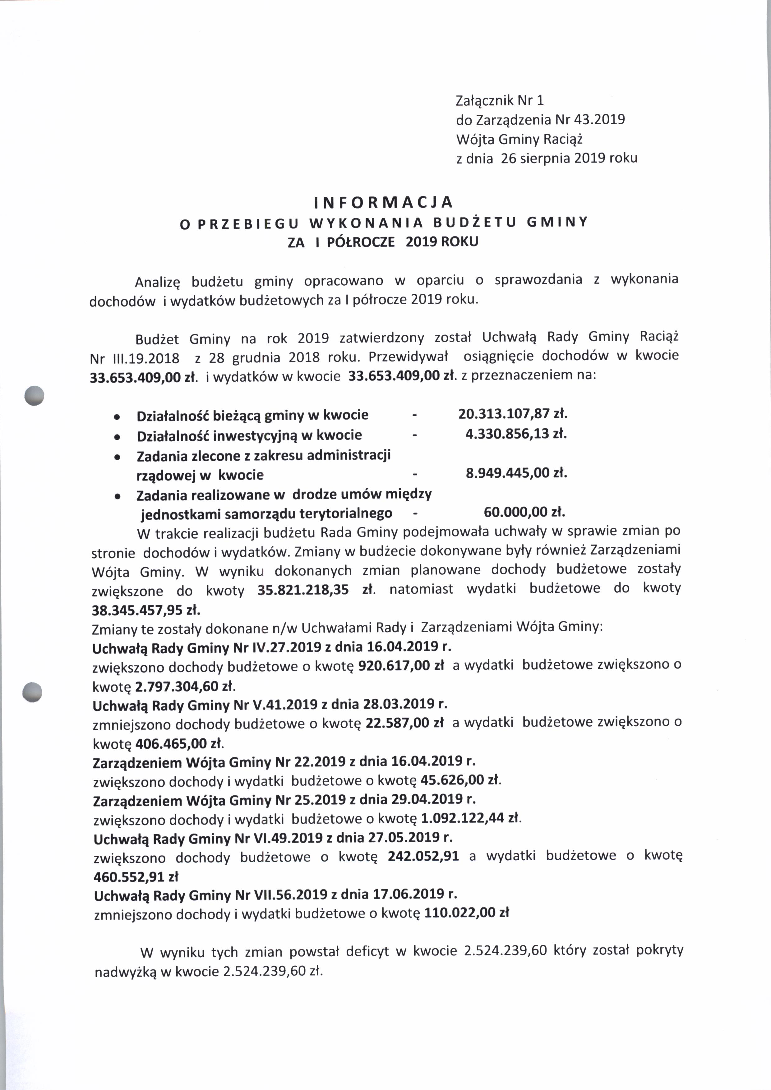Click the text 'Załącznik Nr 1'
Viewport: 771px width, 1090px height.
tap(500, 101)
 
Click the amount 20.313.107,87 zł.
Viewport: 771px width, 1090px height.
tap(513, 414)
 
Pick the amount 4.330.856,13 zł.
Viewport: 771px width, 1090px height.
tap(516, 434)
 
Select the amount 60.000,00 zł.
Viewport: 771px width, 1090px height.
tap(524, 512)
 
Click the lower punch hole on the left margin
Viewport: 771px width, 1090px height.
tap(33, 692)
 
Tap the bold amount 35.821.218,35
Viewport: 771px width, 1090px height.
tap(303, 590)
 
